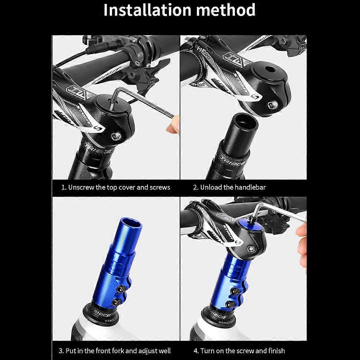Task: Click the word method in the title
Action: [226, 10]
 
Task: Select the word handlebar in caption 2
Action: [250, 187]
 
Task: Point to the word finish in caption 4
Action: [276, 351]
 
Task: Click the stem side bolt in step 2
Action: [272, 106]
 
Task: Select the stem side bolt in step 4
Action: [251, 249]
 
